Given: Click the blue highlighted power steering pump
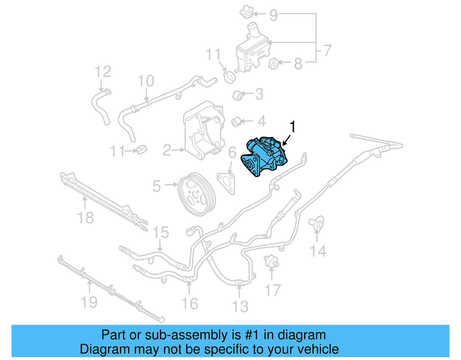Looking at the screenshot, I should [x=264, y=157].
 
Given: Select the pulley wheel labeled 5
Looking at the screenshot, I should [x=197, y=194].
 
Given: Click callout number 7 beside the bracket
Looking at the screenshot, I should [x=327, y=51].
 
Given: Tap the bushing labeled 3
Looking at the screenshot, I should [x=238, y=95].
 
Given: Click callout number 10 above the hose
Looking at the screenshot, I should [x=146, y=81].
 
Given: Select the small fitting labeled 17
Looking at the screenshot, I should [x=271, y=261].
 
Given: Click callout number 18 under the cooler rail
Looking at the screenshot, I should [x=86, y=218].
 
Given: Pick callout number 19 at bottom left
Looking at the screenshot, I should [x=89, y=302].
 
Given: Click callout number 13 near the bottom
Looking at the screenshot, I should [x=240, y=306].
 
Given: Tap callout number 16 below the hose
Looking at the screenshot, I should [x=190, y=304].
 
